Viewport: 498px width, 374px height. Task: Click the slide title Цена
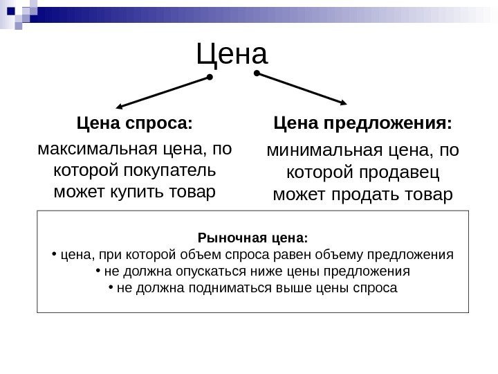click(232, 54)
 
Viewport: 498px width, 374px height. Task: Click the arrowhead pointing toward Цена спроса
click(120, 107)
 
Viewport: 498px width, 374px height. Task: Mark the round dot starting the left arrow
click(210, 78)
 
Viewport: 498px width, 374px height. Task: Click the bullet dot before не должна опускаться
click(98, 270)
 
